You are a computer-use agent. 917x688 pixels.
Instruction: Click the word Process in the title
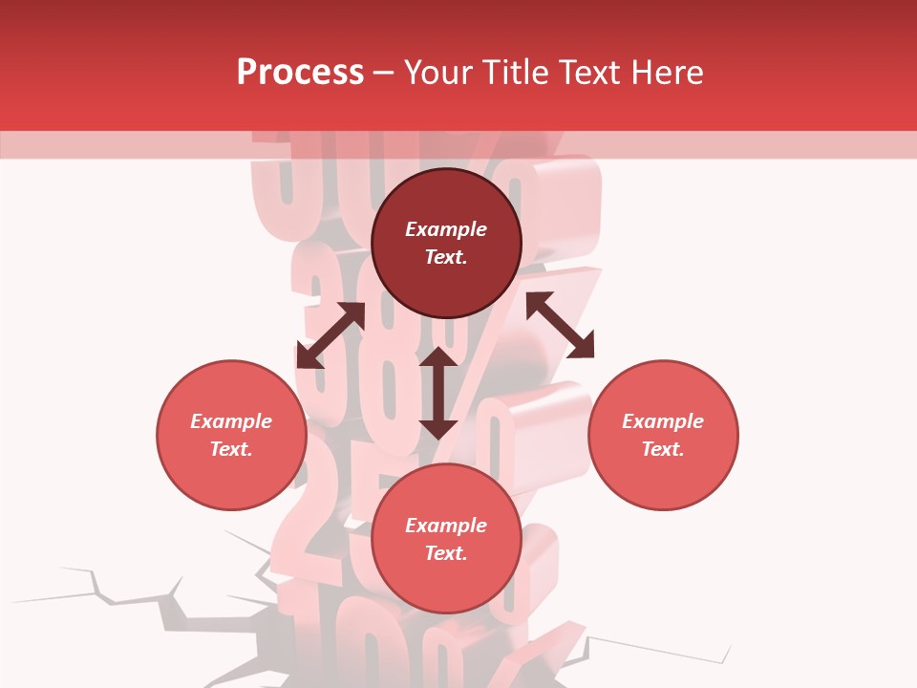(x=300, y=73)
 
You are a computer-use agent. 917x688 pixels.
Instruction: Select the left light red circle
(x=231, y=468)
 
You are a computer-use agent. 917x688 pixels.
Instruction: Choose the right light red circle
(x=663, y=468)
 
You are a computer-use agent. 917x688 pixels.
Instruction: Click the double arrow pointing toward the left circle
(x=331, y=336)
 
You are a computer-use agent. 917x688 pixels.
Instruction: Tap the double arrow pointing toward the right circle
(x=561, y=325)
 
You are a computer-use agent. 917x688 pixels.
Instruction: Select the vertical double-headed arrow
(x=438, y=393)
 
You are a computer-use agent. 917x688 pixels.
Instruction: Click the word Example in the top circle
(x=446, y=229)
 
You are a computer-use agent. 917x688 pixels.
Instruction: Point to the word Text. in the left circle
(x=231, y=449)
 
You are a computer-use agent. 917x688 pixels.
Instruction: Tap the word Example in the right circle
(x=663, y=421)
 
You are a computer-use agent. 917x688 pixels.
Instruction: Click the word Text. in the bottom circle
(x=446, y=553)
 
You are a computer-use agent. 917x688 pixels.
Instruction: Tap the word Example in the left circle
(x=231, y=421)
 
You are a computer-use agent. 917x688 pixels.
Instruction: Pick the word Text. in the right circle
(x=663, y=449)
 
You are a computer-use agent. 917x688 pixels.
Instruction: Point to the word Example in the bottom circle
(x=446, y=526)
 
